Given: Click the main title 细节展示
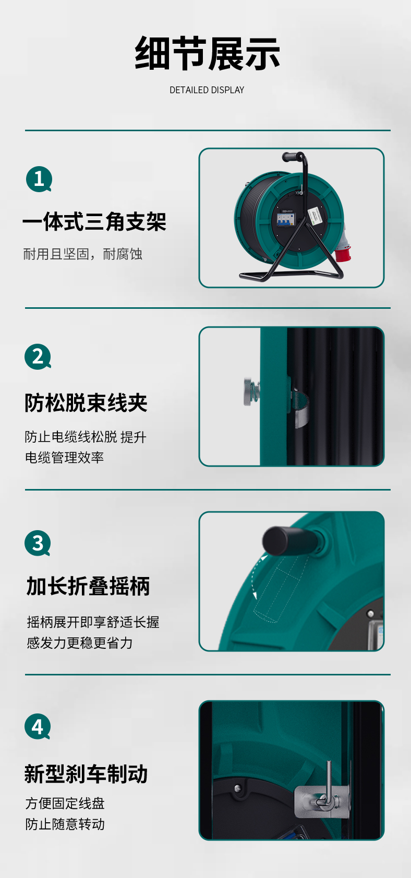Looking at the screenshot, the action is pos(207,53).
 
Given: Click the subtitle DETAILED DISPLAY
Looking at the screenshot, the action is pos(207,90).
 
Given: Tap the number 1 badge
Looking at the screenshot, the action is pos(39,179).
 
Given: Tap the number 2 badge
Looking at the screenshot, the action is pos(38,357).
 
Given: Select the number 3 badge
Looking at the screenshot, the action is pos(38,543).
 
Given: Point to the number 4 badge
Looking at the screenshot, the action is pos(38,726).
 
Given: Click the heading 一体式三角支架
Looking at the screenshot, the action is pos(94,221).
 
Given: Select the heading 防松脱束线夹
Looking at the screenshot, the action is pos(86,403).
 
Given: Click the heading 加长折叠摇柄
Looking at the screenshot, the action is pos(88,586).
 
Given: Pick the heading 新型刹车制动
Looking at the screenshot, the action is pos(86,774).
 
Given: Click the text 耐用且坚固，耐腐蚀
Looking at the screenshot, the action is pos(82,254).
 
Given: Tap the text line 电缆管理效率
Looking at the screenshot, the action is pos(64,457).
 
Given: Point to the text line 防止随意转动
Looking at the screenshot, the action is pos(65,824).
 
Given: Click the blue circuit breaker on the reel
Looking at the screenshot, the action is pos(285,219).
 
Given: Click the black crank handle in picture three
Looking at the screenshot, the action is pos(288,541).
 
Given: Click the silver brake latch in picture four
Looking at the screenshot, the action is pos(322,796).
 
